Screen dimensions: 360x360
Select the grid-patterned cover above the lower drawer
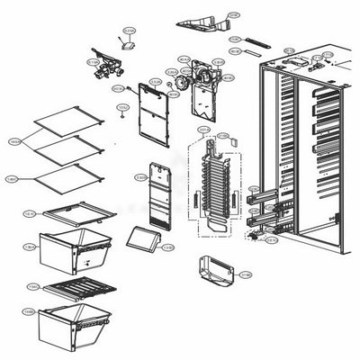click(82, 290)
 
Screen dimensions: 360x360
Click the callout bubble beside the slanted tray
click(168, 247)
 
